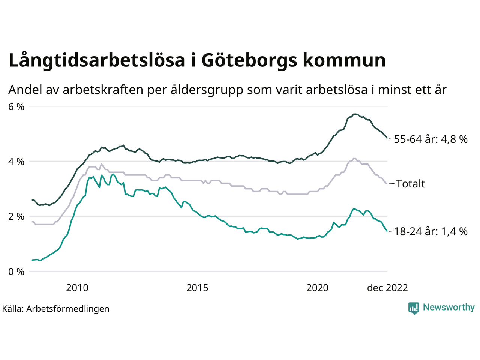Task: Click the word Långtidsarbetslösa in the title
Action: (x=97, y=61)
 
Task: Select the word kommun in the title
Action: (x=344, y=61)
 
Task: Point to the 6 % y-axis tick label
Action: (x=16, y=107)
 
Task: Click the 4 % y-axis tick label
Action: (x=16, y=162)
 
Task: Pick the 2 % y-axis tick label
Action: (x=16, y=216)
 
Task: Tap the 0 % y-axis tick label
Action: (x=16, y=271)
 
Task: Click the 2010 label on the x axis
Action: (x=77, y=288)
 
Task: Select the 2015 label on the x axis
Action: (x=197, y=288)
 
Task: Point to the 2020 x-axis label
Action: (x=317, y=288)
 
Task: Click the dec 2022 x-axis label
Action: (x=387, y=288)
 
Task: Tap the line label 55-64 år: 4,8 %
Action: (x=430, y=139)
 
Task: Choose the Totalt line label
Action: (x=410, y=184)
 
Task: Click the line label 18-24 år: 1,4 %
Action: (x=430, y=231)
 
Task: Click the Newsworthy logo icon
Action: (x=414, y=308)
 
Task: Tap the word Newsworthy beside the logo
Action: (x=448, y=307)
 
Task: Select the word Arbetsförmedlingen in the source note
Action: (x=68, y=309)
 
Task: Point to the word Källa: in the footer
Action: (x=13, y=309)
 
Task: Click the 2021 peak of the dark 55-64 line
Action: (x=355, y=114)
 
